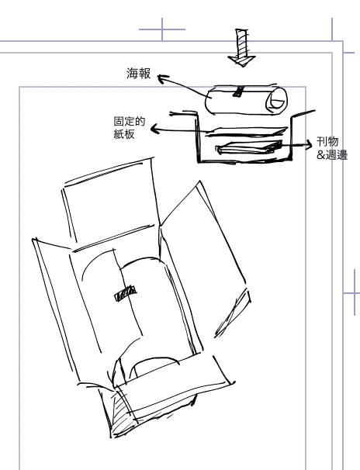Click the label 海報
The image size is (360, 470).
[138, 74]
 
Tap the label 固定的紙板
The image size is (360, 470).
[130, 128]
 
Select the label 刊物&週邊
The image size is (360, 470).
[332, 148]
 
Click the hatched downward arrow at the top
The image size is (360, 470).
[241, 47]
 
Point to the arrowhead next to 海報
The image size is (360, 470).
[162, 78]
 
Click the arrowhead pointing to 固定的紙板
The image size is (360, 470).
[155, 129]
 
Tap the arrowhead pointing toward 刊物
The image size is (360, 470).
[308, 144]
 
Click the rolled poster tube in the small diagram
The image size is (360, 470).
[246, 100]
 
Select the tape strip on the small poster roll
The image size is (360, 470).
[239, 92]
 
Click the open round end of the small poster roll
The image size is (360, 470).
[276, 101]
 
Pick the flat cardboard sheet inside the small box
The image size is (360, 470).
[247, 132]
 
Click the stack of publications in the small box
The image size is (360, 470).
[249, 147]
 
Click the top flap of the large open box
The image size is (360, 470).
[111, 204]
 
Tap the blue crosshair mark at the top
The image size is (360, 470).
[162, 29]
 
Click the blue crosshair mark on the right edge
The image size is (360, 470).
[355, 292]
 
